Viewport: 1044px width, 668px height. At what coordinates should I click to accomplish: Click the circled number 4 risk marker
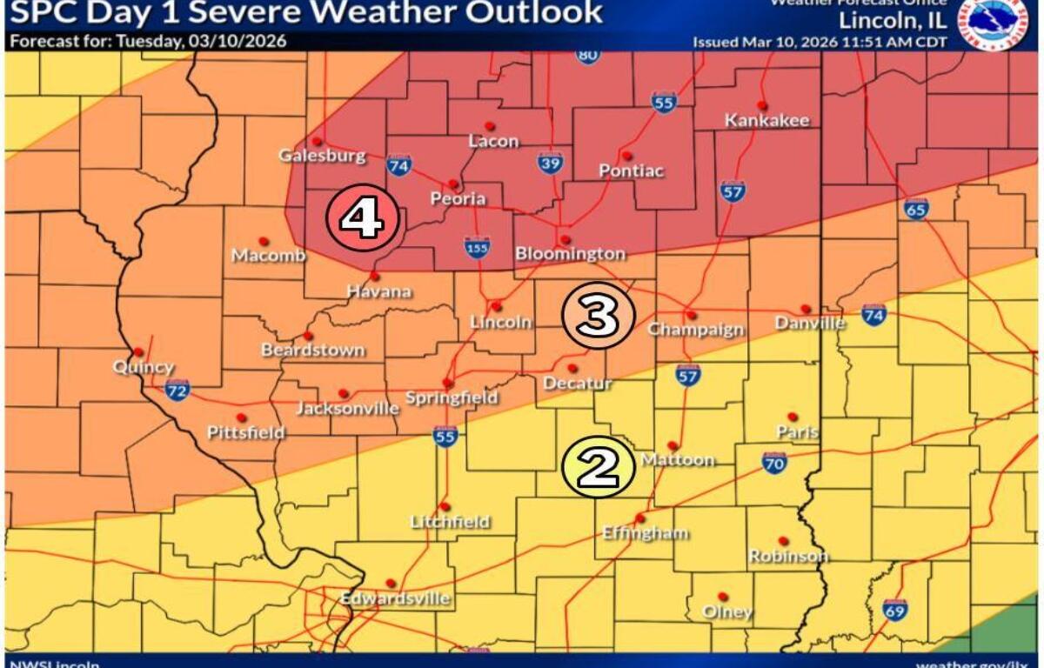pos(362,217)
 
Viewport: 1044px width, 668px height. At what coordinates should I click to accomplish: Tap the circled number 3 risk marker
pos(598,316)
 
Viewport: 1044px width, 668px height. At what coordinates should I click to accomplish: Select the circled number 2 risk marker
pos(599,467)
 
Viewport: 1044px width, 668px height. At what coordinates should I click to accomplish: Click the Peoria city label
pos(458,199)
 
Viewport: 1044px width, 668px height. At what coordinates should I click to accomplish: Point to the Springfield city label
pos(452,398)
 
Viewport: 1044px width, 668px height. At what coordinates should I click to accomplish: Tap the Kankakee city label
pos(767,121)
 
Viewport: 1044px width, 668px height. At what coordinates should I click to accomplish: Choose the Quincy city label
pos(143,368)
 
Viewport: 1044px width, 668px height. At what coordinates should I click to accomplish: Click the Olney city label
pos(726,612)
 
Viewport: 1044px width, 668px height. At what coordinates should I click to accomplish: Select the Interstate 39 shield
pos(550,161)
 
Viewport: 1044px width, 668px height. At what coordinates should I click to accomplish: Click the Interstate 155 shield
pos(476,247)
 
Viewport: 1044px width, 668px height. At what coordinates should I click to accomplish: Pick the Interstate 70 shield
pos(774,463)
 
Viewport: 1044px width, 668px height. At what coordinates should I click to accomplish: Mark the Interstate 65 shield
pos(915,209)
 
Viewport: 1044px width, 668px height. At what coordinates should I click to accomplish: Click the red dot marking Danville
pos(806,309)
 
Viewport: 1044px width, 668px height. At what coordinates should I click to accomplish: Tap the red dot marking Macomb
pos(263,241)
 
